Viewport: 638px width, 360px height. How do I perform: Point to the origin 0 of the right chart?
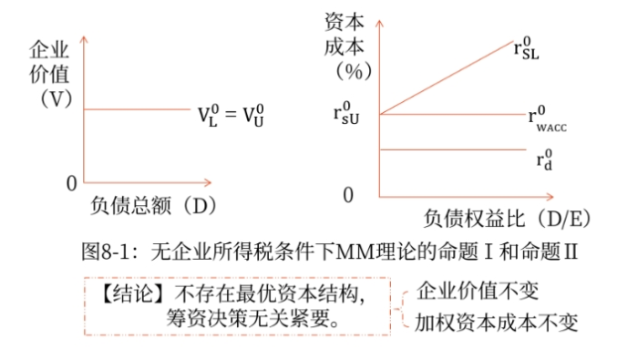click(347, 194)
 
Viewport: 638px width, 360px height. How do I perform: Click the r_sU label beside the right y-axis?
click(353, 114)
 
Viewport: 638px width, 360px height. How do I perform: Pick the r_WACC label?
click(546, 119)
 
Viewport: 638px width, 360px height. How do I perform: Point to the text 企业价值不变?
click(477, 292)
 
